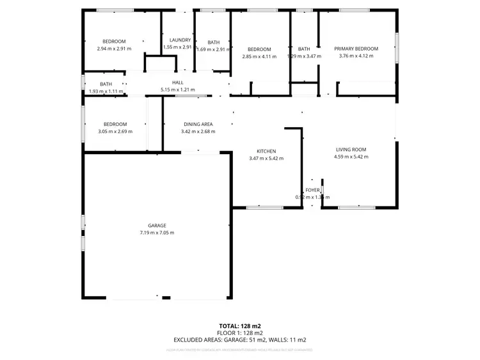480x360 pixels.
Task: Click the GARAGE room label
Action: point(157,225)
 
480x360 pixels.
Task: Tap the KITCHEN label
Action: point(266,151)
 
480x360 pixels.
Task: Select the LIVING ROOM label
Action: point(351,150)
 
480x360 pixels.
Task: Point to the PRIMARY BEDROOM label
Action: point(356,49)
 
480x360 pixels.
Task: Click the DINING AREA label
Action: point(198,124)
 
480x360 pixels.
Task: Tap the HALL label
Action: point(177,82)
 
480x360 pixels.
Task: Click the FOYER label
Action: point(312,190)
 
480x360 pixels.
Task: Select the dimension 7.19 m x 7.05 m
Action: point(157,233)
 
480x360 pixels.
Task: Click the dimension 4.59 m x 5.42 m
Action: point(351,157)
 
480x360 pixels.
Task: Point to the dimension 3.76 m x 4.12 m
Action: point(356,56)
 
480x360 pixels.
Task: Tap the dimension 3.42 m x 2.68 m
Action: point(198,132)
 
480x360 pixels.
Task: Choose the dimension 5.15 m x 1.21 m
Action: point(177,90)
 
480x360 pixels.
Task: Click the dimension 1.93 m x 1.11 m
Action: point(105,91)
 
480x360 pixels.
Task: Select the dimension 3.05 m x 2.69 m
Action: point(115,132)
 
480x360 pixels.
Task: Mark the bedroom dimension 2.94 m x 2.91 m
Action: point(114,49)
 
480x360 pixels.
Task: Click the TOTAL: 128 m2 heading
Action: point(240,326)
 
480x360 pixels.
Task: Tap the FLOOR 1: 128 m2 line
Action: point(240,333)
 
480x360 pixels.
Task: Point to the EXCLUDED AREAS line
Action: point(240,340)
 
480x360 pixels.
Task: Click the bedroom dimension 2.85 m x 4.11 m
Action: point(259,57)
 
